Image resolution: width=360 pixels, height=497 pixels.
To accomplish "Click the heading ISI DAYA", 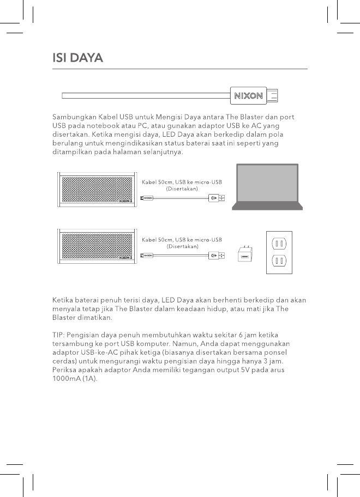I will click(77, 58).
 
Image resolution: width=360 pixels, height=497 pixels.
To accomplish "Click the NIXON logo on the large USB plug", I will click(249, 96).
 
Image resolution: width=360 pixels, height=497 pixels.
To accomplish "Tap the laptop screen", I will click(266, 184).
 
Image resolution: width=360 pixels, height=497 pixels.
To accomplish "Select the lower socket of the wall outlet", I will click(279, 260).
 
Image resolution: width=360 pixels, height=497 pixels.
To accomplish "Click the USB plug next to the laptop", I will click(217, 198).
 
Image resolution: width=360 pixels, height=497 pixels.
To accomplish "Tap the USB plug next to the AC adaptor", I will click(217, 254).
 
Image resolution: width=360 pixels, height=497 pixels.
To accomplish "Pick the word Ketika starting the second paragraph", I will click(63, 300).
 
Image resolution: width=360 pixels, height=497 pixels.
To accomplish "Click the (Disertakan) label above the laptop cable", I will click(182, 188).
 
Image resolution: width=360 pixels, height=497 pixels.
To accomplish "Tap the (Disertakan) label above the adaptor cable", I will click(182, 246).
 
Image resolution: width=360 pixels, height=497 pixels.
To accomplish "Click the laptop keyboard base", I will click(266, 207).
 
